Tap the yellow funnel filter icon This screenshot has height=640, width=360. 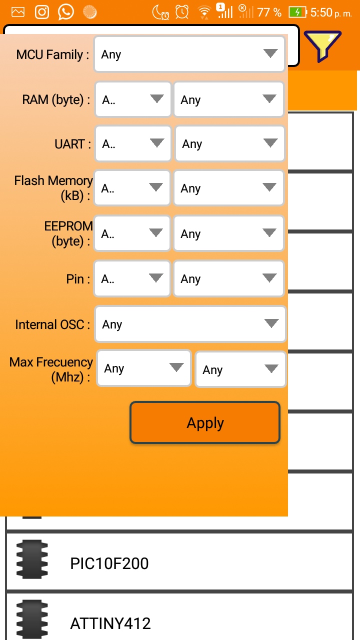(x=322, y=46)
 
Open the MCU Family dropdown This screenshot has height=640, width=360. (x=189, y=54)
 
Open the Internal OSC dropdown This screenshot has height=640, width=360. (x=190, y=324)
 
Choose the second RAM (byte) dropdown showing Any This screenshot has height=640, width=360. (x=228, y=99)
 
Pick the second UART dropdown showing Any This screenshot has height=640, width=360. (x=229, y=144)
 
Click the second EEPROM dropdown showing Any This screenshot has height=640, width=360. (x=228, y=233)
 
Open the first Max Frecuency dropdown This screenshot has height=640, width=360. (x=144, y=368)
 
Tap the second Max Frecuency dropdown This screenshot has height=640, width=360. (x=240, y=369)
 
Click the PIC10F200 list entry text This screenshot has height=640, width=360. (x=109, y=563)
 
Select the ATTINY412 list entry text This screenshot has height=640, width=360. (x=110, y=623)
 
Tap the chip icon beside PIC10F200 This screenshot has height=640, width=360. (x=32, y=559)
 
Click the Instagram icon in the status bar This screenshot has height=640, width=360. (x=42, y=12)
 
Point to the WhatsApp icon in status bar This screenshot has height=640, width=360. (x=65, y=12)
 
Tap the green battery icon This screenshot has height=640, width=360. (x=297, y=12)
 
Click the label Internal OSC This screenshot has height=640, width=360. (x=52, y=324)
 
